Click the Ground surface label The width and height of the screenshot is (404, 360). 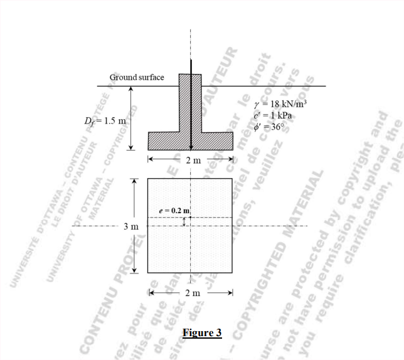click(x=137, y=77)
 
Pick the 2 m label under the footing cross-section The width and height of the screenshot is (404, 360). click(x=191, y=160)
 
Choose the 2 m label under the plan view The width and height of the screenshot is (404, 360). click(x=191, y=292)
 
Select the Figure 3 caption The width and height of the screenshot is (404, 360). click(x=202, y=332)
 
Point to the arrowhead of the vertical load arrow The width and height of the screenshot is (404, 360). click(x=191, y=147)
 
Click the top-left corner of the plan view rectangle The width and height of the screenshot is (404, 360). click(x=147, y=178)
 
